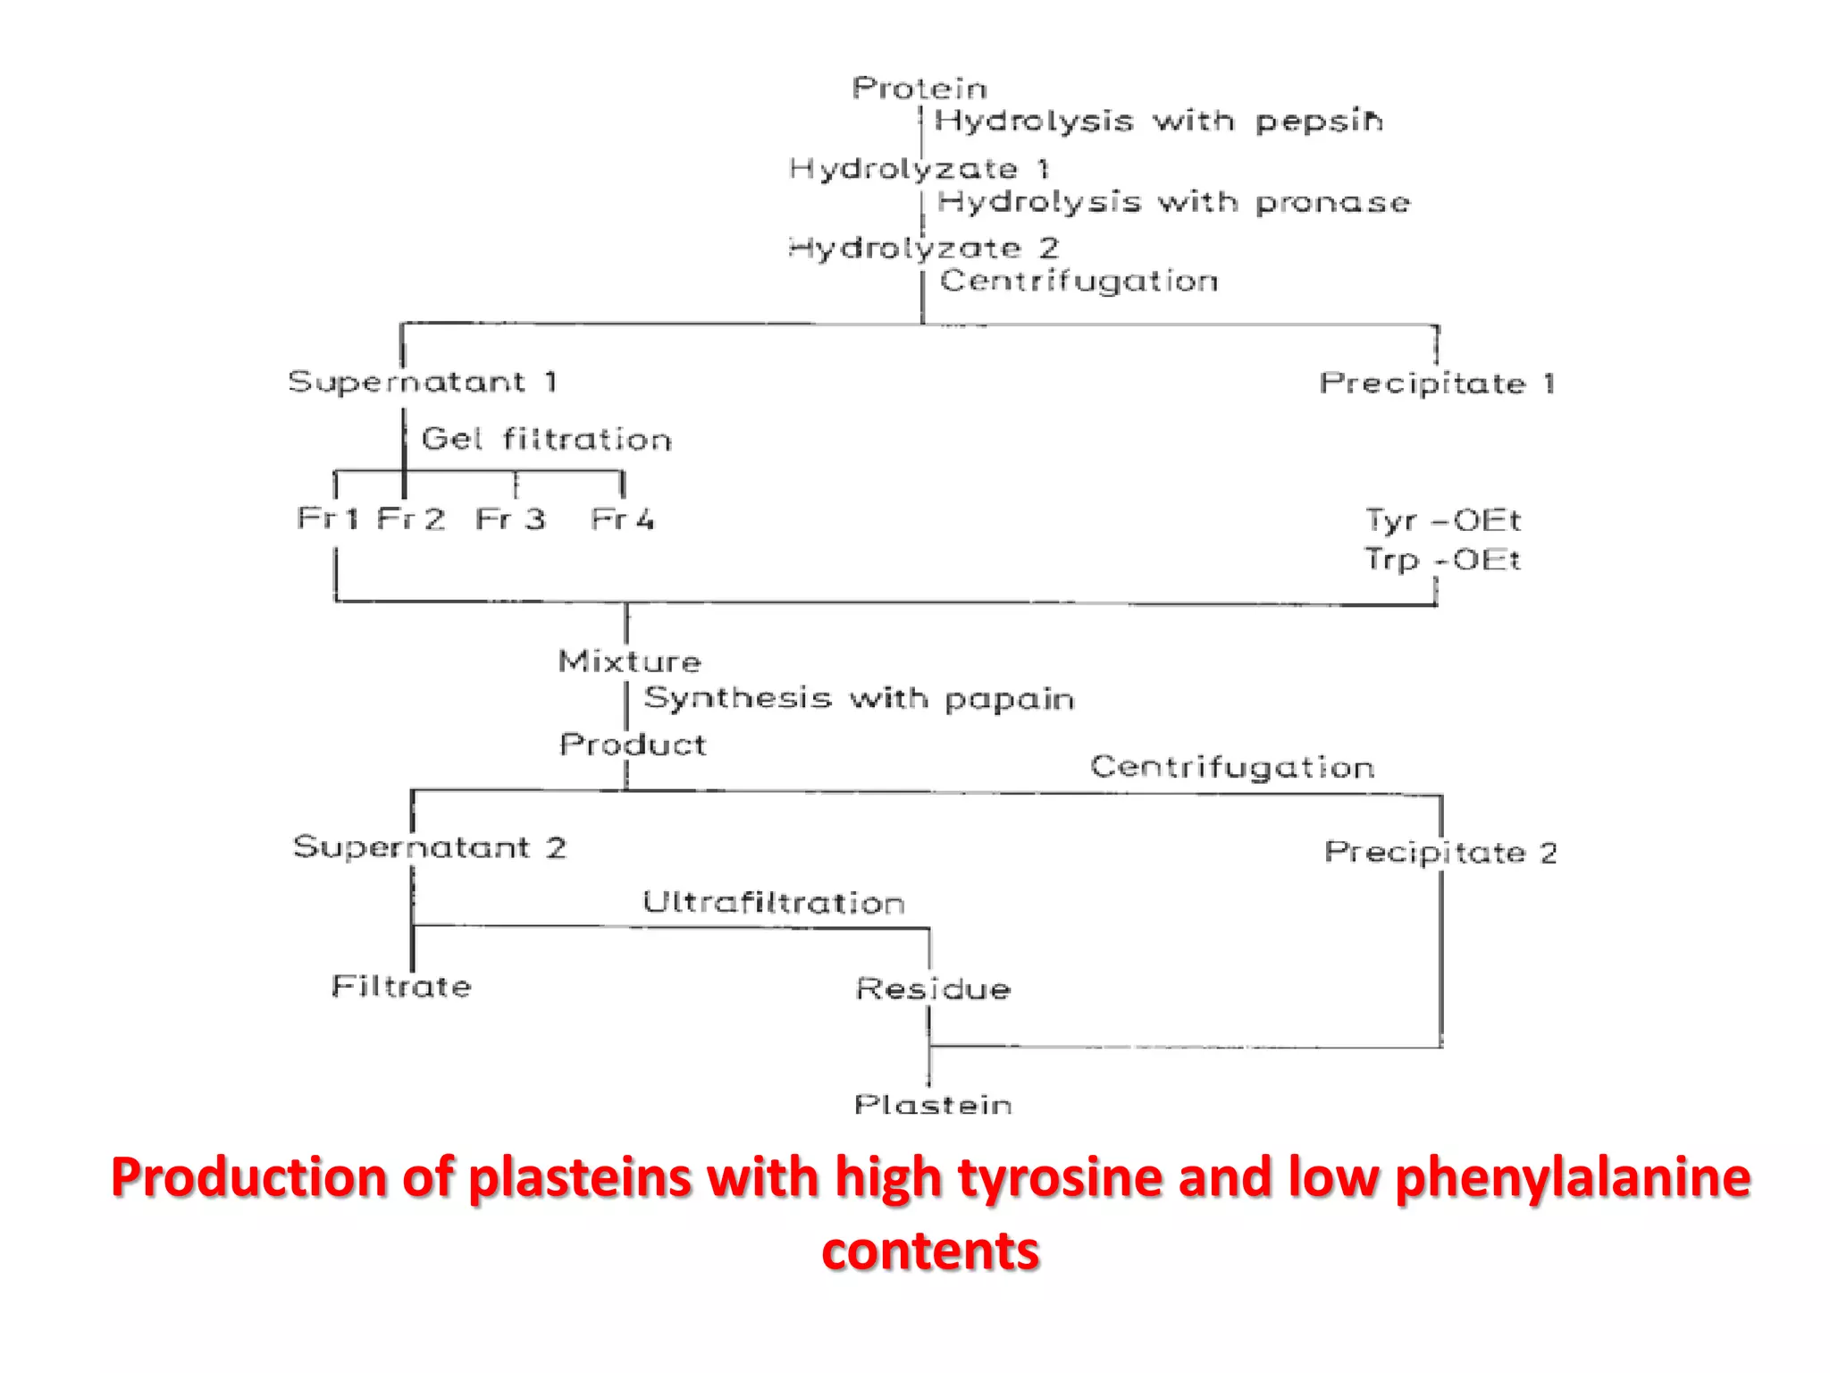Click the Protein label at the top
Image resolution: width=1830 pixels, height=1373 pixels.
(919, 88)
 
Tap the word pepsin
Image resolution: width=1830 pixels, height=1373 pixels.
(1320, 121)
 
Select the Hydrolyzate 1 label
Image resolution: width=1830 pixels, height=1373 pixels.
(919, 168)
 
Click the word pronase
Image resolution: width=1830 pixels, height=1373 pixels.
(1332, 203)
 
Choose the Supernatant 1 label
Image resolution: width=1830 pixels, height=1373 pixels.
(423, 383)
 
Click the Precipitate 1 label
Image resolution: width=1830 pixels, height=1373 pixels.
(1437, 383)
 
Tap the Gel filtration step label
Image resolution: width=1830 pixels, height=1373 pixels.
(546, 439)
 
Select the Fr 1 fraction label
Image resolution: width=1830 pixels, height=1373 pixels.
(327, 518)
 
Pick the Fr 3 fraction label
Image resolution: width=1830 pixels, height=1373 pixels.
(509, 518)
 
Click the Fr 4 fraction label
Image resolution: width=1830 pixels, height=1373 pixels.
(622, 518)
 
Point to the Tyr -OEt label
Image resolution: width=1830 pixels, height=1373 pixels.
(1442, 519)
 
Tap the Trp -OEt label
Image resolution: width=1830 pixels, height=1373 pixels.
(1442, 560)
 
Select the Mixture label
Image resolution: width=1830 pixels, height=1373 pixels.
(630, 661)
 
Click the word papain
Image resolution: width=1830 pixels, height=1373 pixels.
(1009, 699)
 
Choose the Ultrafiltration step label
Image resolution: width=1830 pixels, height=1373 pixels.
(774, 903)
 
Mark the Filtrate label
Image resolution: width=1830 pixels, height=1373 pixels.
(401, 986)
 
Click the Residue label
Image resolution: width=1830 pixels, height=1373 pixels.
(933, 989)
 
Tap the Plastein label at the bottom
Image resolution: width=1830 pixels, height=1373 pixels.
(933, 1105)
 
